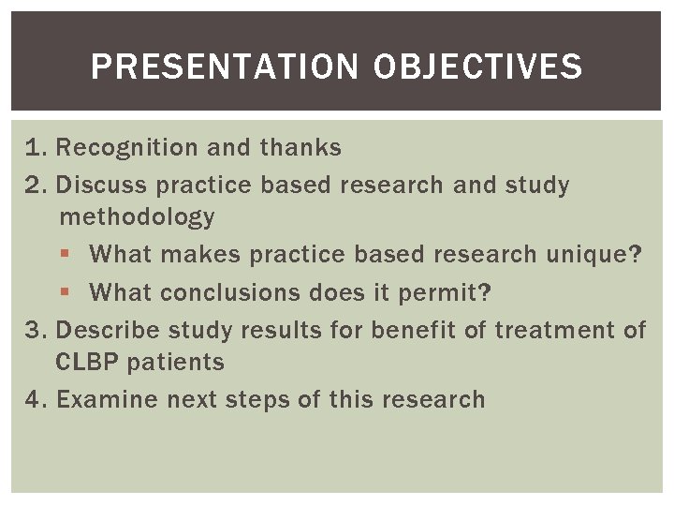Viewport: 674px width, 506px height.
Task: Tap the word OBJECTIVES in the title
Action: (x=477, y=67)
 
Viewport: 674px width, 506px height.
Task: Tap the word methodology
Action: (x=137, y=217)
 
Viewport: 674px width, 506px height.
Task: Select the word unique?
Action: (x=607, y=255)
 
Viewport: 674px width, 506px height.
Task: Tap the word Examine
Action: (x=108, y=400)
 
